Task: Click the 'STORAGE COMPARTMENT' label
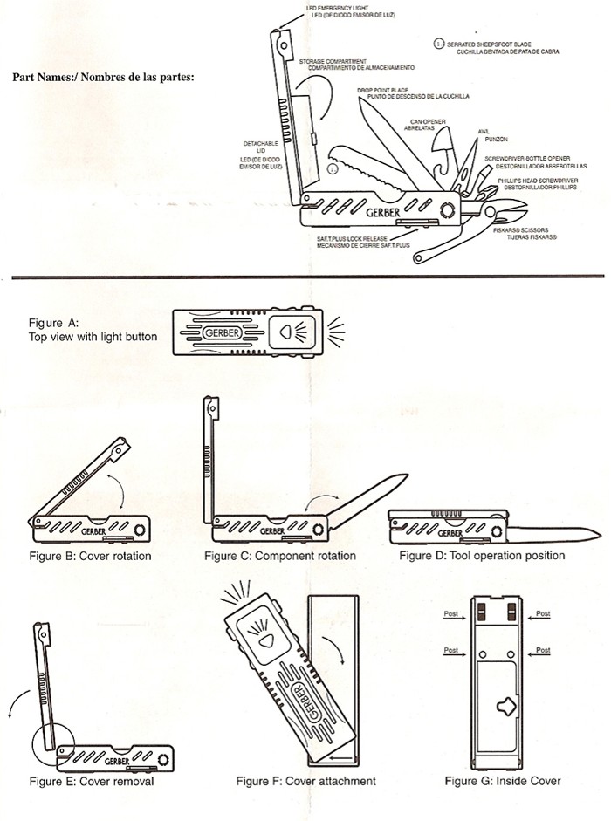tap(332, 61)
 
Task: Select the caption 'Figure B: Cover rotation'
tap(90, 556)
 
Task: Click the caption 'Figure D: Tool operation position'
tap(482, 556)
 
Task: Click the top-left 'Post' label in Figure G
tap(450, 614)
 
